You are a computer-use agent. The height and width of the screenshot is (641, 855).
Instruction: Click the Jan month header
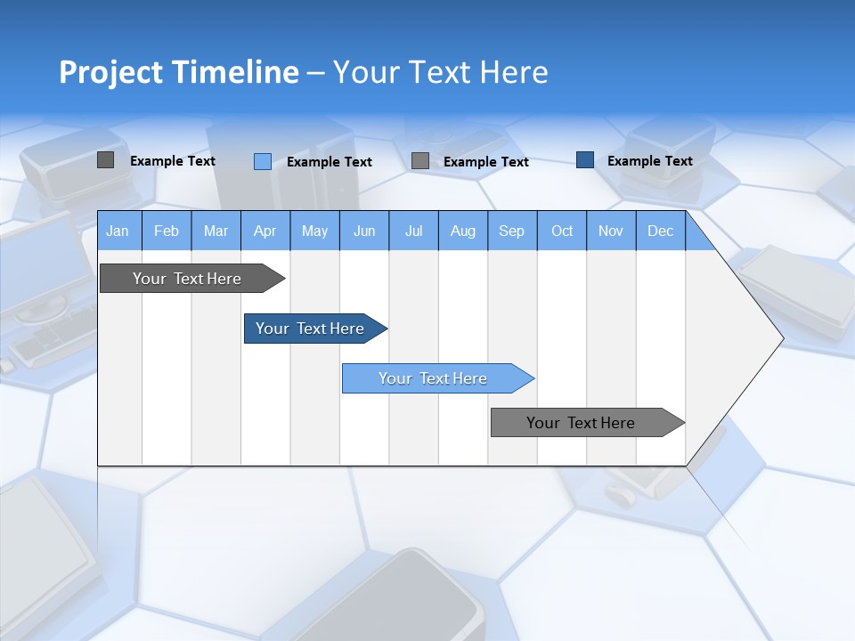click(x=118, y=231)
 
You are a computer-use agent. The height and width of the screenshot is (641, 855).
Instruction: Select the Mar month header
click(x=216, y=231)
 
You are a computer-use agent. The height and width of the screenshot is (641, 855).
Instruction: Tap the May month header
click(x=314, y=231)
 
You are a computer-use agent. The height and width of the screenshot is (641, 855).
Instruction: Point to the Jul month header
click(x=413, y=231)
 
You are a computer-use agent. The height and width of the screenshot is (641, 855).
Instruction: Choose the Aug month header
click(x=462, y=231)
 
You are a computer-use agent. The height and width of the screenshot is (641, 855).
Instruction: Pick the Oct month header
click(x=562, y=231)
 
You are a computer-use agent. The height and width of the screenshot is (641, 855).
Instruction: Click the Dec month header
click(x=660, y=231)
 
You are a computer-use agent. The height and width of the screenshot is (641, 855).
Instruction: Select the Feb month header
click(x=167, y=231)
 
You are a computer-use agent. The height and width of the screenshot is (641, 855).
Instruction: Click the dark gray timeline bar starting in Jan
click(x=187, y=279)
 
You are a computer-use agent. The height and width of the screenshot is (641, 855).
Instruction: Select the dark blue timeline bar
click(x=310, y=329)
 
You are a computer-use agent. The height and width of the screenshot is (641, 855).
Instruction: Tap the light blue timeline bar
click(x=433, y=378)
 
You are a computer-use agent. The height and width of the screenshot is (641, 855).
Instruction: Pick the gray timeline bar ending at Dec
click(x=581, y=423)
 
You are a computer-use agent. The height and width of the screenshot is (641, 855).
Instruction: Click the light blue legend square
click(x=262, y=161)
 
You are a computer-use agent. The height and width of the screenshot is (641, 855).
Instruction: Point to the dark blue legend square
click(x=585, y=160)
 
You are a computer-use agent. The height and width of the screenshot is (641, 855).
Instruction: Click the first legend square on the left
click(x=105, y=160)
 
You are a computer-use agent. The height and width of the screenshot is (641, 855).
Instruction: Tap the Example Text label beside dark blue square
click(x=649, y=161)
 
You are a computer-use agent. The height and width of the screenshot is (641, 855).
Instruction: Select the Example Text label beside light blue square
click(x=329, y=162)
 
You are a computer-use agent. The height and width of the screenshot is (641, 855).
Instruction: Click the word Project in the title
click(x=111, y=72)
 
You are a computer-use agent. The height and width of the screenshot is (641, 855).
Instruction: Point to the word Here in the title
click(x=514, y=72)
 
